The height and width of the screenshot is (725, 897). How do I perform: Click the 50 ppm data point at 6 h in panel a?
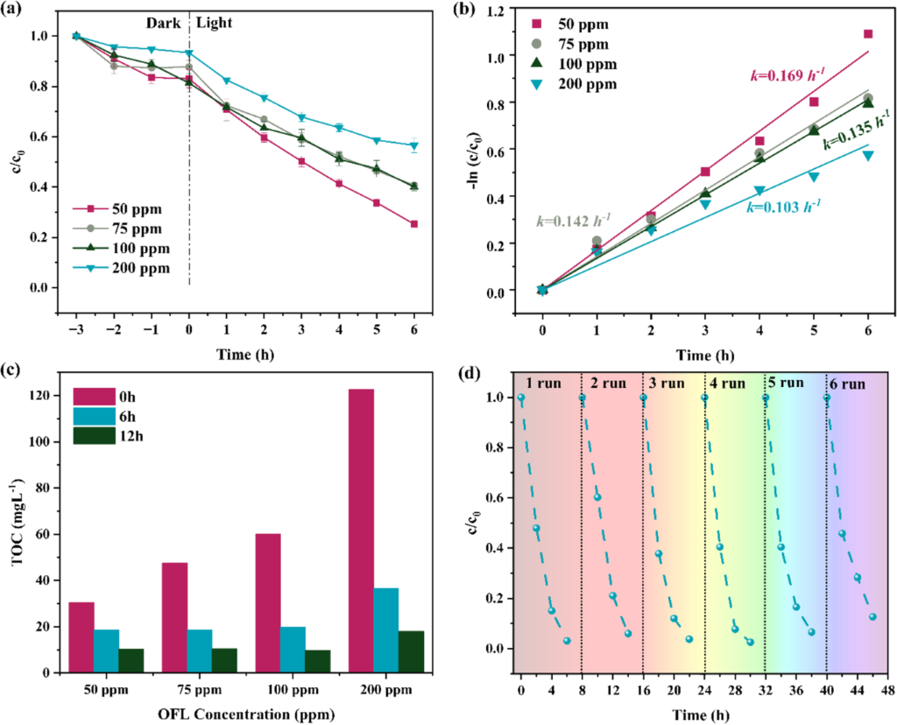click(x=413, y=224)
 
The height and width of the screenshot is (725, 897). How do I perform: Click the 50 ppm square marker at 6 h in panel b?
click(x=868, y=34)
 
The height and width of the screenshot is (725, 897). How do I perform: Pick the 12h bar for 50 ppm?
click(x=131, y=660)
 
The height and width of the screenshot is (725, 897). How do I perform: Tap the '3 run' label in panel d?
click(x=667, y=383)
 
